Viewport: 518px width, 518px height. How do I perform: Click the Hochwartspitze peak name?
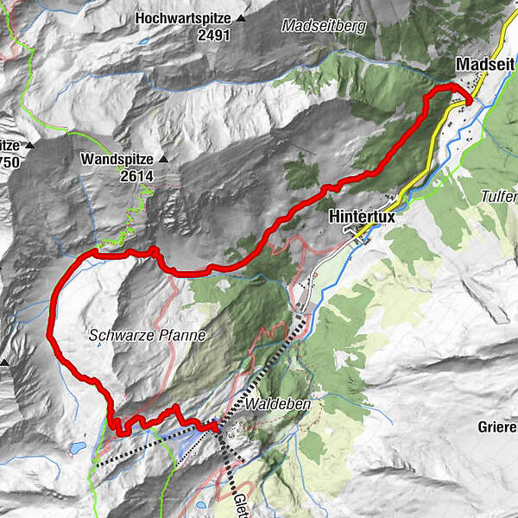185,17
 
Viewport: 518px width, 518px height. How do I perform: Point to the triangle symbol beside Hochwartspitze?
241,17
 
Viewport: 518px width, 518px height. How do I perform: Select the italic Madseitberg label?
324,27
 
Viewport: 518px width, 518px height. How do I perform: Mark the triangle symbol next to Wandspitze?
163,160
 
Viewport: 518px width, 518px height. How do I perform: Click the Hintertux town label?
362,218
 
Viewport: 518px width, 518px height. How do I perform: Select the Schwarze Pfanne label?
147,336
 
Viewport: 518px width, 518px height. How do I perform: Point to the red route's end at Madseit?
468,102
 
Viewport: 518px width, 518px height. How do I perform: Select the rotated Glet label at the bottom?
239,504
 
